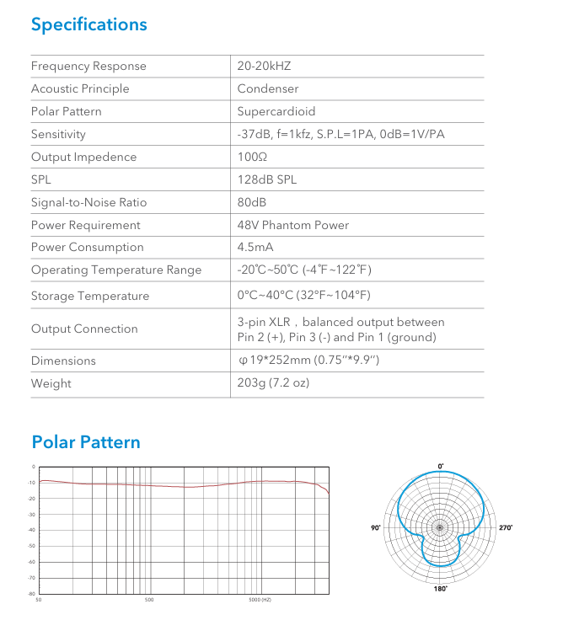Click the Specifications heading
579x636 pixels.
click(x=88, y=24)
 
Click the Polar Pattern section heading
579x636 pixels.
click(x=86, y=442)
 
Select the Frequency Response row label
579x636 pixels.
click(x=88, y=67)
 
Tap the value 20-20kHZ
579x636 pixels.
click(x=264, y=67)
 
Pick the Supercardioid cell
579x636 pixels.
click(x=276, y=111)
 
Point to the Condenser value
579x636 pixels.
click(x=268, y=88)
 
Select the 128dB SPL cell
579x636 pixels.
click(x=267, y=179)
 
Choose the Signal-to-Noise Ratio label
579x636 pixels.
click(x=88, y=202)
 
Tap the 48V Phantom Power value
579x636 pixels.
click(x=293, y=225)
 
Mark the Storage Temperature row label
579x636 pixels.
click(x=90, y=296)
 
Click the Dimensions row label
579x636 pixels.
click(x=63, y=361)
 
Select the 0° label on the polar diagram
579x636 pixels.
click(x=440, y=466)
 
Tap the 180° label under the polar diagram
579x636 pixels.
click(x=440, y=589)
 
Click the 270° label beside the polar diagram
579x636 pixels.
click(x=506, y=527)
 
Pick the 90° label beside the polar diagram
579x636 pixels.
click(x=376, y=527)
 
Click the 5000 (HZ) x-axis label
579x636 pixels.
click(x=260, y=600)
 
